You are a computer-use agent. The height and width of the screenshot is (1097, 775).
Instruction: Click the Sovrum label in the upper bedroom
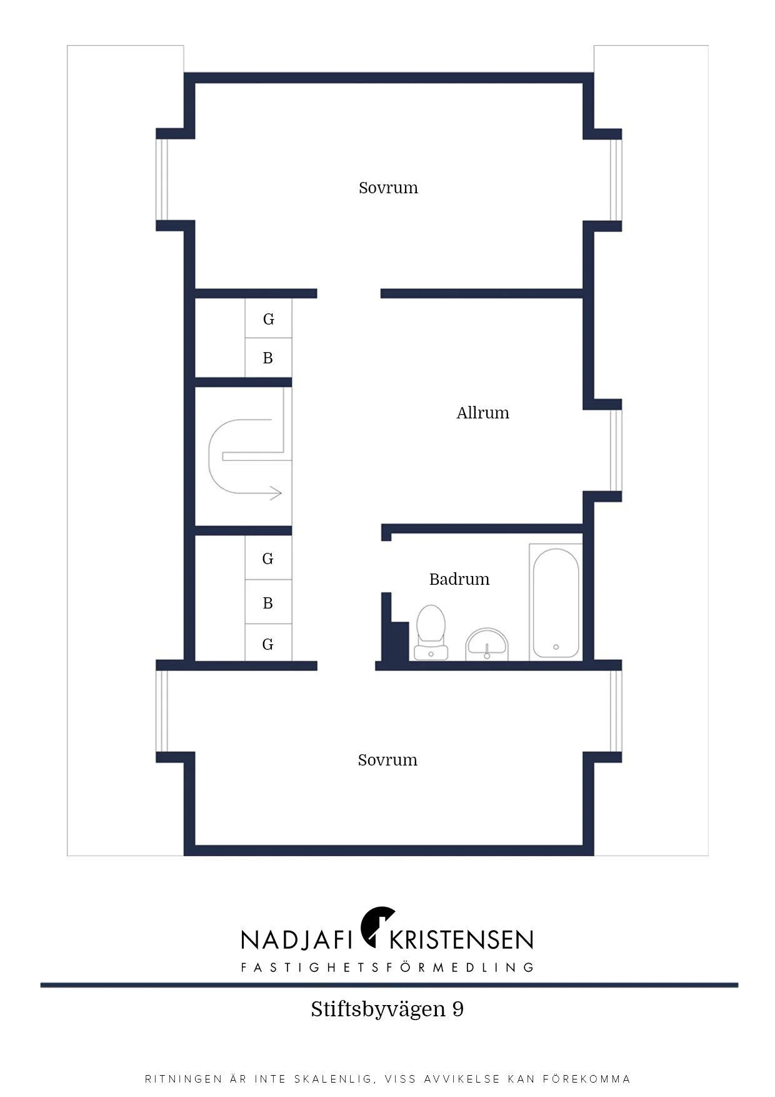click(388, 188)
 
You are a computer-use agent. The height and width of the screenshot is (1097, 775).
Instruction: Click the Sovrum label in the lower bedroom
click(387, 760)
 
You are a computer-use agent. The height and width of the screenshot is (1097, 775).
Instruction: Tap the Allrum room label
click(482, 413)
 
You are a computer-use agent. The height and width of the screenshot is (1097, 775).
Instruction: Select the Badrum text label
click(459, 579)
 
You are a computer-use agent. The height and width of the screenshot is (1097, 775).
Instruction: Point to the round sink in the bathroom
click(487, 644)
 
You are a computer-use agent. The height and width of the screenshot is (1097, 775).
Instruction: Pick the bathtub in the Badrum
click(556, 602)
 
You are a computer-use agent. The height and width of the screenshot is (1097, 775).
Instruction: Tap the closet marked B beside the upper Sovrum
click(268, 358)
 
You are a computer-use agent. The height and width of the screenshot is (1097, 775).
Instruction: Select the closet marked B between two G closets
click(268, 603)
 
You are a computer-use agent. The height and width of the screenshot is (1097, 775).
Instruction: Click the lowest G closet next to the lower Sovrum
click(268, 644)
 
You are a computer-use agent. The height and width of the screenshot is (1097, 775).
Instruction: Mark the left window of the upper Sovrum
click(162, 180)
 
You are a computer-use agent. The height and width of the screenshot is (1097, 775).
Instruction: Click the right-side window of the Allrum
click(616, 450)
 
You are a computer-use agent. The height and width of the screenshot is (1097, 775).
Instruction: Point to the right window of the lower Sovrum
click(616, 710)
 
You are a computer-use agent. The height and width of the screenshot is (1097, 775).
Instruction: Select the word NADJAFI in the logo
click(299, 939)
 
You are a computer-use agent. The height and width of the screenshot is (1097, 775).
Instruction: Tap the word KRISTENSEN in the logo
click(461, 939)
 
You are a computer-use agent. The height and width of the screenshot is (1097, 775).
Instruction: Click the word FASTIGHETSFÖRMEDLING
click(387, 968)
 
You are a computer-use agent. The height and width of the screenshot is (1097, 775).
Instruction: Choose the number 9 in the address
click(457, 1009)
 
